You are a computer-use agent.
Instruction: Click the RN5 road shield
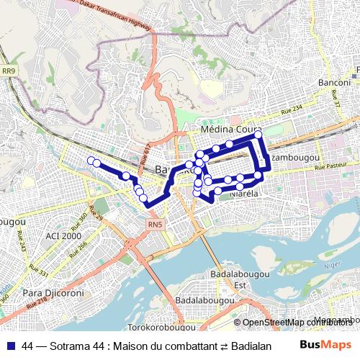[x=155, y=225]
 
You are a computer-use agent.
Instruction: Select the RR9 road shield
[x=8, y=71]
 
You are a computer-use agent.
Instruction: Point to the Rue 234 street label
[x=292, y=111]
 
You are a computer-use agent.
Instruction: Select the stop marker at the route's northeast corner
[x=258, y=135]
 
